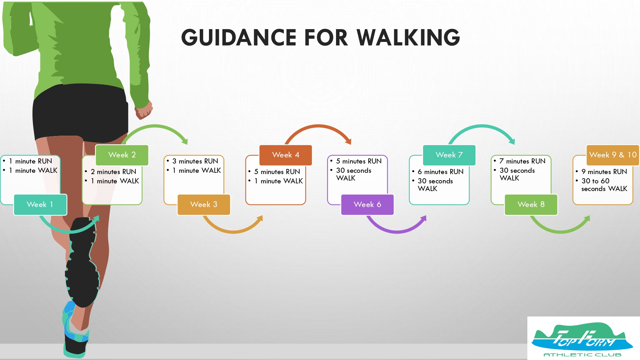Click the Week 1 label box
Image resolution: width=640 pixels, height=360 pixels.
point(40,204)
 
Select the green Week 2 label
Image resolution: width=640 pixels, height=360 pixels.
point(122,155)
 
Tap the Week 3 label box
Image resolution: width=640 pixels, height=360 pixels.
point(204,204)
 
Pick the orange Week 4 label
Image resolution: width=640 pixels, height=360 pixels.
point(286,155)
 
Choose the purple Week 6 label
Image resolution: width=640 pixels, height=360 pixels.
point(367,204)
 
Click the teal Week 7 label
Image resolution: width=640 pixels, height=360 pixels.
point(449,155)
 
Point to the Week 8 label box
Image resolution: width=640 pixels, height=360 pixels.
point(531,204)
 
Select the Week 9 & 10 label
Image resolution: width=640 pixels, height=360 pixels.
point(613,155)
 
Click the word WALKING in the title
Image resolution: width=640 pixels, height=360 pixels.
point(408,37)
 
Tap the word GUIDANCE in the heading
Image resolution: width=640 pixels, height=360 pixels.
point(239,37)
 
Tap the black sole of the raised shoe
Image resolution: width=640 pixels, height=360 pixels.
point(82,262)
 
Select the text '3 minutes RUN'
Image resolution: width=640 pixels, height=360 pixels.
point(195,161)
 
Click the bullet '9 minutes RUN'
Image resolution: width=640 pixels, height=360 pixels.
point(604,172)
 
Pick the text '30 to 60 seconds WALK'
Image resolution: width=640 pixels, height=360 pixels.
point(604,185)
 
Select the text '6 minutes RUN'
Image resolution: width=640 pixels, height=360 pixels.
point(441,172)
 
